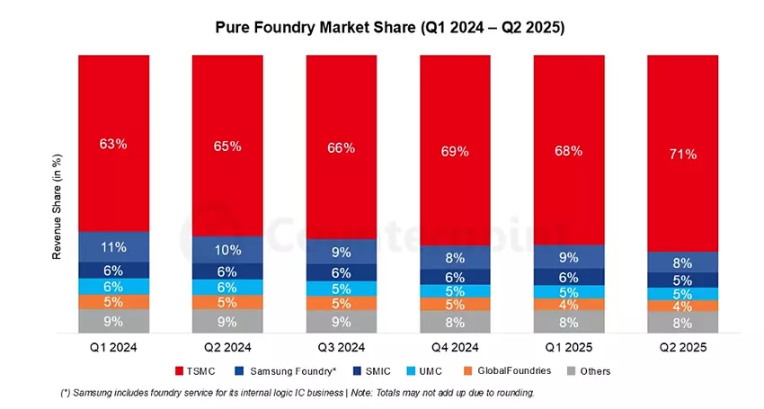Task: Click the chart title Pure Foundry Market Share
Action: tap(389, 28)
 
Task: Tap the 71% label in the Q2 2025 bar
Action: tap(683, 155)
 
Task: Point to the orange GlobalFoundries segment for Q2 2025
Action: tap(683, 306)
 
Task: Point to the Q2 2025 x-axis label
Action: tap(683, 345)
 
